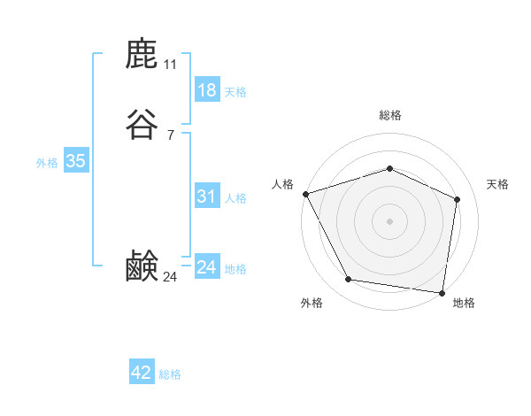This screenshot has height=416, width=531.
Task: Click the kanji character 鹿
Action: [142, 55]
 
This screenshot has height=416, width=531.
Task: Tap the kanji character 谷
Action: [142, 124]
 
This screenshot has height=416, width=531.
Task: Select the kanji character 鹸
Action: [142, 266]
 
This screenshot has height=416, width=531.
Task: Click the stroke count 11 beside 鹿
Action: [171, 65]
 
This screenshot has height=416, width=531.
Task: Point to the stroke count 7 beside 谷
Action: [171, 135]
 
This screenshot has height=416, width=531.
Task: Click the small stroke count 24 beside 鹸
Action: [171, 277]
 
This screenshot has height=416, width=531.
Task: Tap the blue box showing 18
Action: [206, 90]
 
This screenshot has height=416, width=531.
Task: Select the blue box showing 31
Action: [206, 196]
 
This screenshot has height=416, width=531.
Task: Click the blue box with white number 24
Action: [206, 267]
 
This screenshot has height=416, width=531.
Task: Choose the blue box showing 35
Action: [75, 161]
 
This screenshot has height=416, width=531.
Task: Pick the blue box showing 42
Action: [142, 373]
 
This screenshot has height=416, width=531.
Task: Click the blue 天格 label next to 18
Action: [235, 92]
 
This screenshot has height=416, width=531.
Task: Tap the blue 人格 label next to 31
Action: [235, 198]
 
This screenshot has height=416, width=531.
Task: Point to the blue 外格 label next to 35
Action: [47, 163]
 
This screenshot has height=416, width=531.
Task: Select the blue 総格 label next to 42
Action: [170, 374]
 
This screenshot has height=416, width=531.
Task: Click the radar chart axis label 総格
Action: [390, 115]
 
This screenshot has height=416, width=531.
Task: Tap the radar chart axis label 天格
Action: [498, 184]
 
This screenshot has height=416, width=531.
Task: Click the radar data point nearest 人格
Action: [305, 193]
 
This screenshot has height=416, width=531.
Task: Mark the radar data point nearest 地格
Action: [442, 291]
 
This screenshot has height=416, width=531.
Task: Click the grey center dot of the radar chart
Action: [389, 220]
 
